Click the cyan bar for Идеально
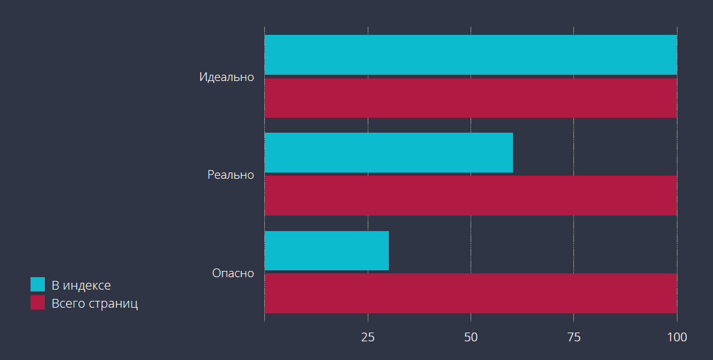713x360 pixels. (x=471, y=55)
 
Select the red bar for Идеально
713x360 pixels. (x=471, y=98)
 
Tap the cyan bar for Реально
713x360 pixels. (x=388, y=153)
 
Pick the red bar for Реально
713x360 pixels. (x=471, y=196)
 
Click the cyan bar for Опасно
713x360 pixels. (x=327, y=250)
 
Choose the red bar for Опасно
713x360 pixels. (x=471, y=293)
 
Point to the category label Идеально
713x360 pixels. (x=227, y=77)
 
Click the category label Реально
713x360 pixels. (x=231, y=175)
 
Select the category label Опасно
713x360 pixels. (x=233, y=273)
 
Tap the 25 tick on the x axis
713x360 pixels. (x=368, y=338)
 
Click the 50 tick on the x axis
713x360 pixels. (x=471, y=338)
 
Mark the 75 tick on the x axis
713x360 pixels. (x=574, y=338)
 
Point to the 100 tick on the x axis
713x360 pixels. (x=677, y=338)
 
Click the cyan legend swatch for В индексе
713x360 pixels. (x=37, y=285)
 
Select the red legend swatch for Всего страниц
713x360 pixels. (x=37, y=303)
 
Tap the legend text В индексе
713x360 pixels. (x=81, y=285)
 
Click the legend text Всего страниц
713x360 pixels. (x=95, y=304)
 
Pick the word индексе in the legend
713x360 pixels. (x=87, y=285)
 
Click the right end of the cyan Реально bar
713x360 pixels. (x=511, y=153)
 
